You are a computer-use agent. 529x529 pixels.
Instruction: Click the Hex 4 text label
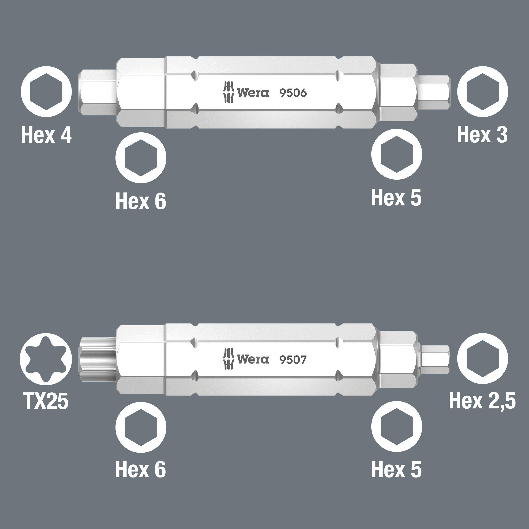[x=46, y=135]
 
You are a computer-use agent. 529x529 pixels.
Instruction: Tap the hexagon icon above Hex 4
[x=46, y=91]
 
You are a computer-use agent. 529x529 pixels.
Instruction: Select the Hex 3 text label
[x=482, y=135]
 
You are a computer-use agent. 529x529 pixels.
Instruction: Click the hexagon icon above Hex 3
[x=482, y=91]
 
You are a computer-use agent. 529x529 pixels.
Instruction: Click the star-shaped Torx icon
[x=46, y=359]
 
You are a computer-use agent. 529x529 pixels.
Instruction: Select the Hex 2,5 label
[x=482, y=401]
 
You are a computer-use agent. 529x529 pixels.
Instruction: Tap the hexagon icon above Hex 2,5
[x=482, y=359]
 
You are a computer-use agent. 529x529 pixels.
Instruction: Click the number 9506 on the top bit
[x=293, y=93]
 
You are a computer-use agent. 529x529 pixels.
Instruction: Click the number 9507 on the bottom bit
[x=293, y=360]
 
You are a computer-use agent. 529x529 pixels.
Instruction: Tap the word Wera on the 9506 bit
[x=253, y=93]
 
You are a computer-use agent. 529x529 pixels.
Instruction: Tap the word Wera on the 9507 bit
[x=253, y=359]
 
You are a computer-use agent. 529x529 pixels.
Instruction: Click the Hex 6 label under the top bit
[x=141, y=201]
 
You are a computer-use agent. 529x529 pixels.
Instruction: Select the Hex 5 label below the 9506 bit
[x=396, y=197]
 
